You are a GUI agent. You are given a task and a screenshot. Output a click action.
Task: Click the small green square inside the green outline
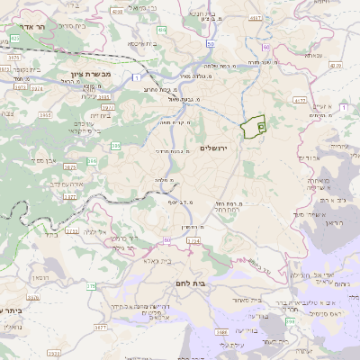[x=261, y=128]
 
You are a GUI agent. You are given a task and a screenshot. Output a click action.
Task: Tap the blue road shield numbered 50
[x=211, y=42]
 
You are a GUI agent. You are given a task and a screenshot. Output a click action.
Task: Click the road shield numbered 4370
[x=335, y=65]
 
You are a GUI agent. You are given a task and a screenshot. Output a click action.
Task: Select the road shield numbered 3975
[x=13, y=56]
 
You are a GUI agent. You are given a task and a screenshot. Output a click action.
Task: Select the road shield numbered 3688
[x=221, y=332]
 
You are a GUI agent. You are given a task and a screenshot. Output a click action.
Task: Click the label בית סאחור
[x=246, y=299]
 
